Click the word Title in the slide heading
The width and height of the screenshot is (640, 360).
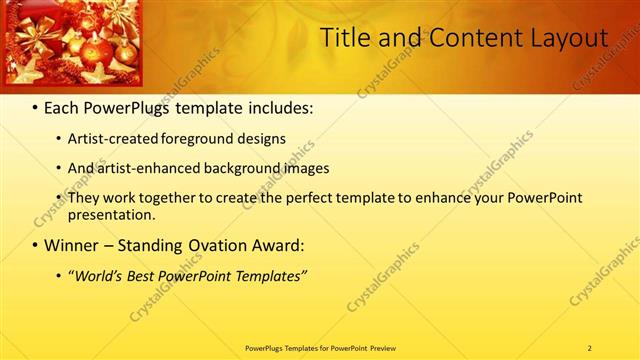[x=343, y=38]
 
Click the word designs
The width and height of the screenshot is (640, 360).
[x=262, y=139]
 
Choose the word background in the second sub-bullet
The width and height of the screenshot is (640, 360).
[x=231, y=168]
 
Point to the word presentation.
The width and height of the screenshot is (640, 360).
[x=111, y=214]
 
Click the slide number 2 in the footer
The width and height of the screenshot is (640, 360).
[x=589, y=348]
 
